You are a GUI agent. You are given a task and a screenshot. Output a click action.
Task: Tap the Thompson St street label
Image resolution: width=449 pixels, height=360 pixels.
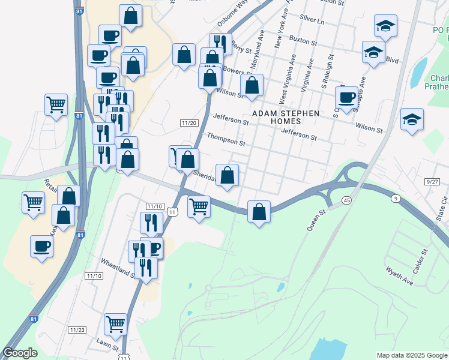226,140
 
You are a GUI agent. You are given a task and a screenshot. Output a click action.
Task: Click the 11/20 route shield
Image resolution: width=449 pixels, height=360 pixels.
189,123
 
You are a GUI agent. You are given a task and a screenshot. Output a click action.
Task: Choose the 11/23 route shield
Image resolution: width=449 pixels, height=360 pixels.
77,330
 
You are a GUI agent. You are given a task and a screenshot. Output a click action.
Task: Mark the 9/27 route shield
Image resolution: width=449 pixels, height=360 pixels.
430,181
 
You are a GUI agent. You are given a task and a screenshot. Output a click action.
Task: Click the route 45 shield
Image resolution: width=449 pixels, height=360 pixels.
347,199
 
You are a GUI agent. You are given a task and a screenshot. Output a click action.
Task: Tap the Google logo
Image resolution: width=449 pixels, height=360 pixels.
20,353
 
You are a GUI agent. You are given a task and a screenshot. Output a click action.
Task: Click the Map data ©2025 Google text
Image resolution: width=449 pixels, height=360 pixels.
411,355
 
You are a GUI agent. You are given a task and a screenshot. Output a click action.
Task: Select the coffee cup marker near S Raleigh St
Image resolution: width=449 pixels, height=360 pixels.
347,97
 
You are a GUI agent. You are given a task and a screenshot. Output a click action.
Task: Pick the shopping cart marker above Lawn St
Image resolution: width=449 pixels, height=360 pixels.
115,324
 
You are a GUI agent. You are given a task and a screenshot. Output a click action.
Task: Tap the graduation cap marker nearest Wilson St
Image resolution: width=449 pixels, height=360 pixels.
412,119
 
